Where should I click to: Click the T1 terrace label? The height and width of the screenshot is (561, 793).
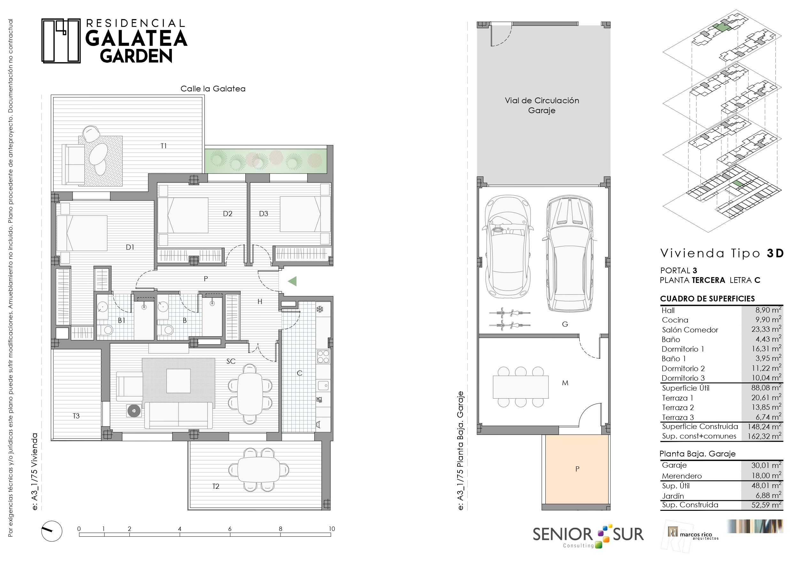(164, 146)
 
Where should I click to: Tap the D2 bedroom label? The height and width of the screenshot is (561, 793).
(227, 214)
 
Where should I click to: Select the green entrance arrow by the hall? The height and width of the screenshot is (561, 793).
(292, 281)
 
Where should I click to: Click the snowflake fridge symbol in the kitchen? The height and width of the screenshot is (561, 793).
(320, 309)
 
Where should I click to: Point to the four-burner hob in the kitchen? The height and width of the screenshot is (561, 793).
(323, 356)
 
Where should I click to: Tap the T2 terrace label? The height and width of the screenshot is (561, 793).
(216, 486)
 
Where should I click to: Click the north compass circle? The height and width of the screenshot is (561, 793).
(52, 531)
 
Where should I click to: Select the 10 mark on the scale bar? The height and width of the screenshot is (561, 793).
(332, 528)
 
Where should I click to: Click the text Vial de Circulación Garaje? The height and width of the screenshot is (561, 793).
(542, 105)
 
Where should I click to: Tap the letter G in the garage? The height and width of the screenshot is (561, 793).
(565, 324)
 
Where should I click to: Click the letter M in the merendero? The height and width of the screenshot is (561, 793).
(565, 383)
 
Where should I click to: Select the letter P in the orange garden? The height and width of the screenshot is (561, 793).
(577, 469)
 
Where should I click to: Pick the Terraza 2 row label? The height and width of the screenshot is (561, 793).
(678, 408)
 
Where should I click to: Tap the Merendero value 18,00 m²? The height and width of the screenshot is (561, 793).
(766, 475)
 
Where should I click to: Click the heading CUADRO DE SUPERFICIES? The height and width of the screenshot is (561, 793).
(707, 299)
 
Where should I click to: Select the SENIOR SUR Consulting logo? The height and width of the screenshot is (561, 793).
(588, 535)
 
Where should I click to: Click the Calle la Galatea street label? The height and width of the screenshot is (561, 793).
(213, 89)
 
